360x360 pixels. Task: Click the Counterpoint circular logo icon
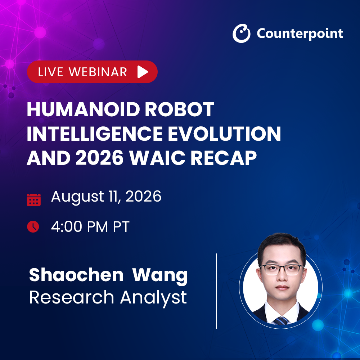[241, 33]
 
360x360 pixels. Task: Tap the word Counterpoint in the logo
[300, 34]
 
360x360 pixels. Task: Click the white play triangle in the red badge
[143, 72]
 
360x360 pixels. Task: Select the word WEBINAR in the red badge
[98, 72]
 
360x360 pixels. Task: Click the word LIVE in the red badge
[50, 72]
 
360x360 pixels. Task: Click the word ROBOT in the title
[180, 109]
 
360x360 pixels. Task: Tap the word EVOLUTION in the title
[225, 134]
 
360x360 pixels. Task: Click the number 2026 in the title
[100, 158]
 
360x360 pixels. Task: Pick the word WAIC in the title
[157, 158]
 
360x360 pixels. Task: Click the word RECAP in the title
[224, 158]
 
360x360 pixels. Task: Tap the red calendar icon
[34, 200]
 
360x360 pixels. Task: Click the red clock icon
[33, 226]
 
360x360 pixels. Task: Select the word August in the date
[78, 197]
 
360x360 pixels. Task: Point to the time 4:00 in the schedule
[67, 226]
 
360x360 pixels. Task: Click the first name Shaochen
[76, 275]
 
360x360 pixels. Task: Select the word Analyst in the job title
[154, 298]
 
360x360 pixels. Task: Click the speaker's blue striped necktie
[281, 321]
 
